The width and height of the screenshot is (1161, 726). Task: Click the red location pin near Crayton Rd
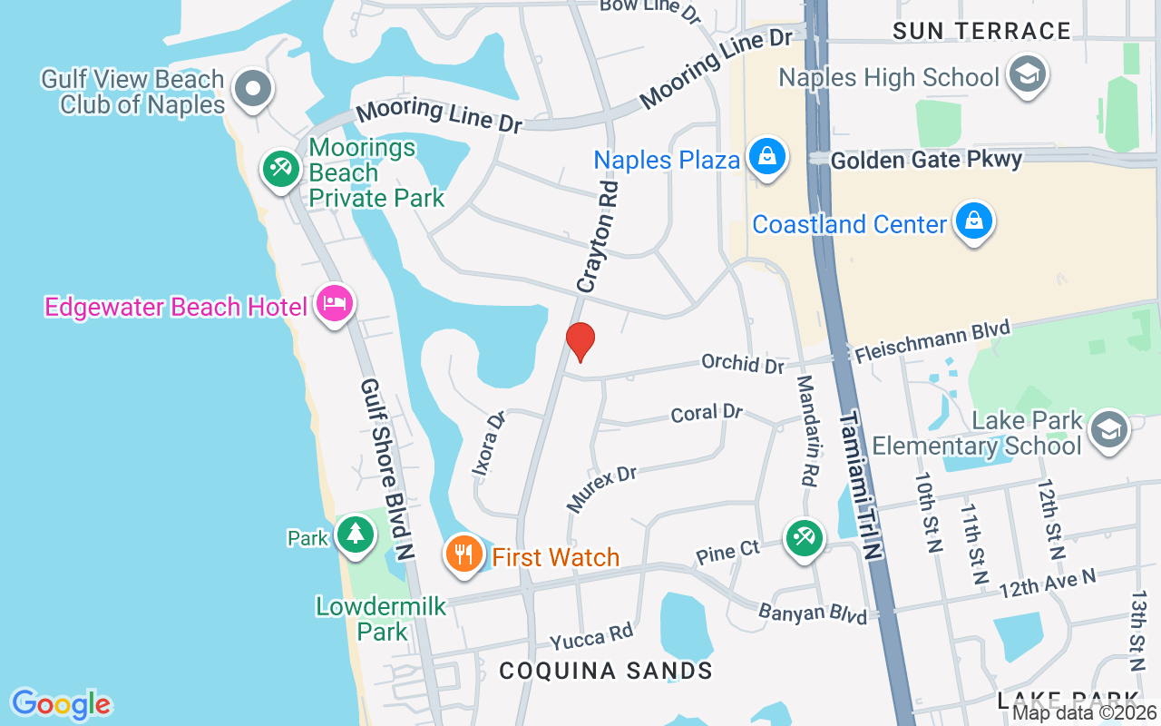580,340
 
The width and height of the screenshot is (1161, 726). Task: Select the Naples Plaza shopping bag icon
767,158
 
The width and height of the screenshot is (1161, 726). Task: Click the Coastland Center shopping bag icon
973,221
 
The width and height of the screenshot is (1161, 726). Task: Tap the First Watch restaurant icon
463,554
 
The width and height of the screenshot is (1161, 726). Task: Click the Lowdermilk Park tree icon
355,535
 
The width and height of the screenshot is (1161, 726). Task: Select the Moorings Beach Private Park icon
281,169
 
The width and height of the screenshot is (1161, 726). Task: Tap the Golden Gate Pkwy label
926,160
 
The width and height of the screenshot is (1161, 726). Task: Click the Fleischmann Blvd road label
931,341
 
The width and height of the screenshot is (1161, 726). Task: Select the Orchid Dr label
742,363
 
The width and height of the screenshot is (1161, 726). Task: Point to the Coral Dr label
707,414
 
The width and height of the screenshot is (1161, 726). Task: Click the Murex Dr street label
601,487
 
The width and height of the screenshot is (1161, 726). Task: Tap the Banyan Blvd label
813,613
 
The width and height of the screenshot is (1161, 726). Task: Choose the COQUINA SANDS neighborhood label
605,671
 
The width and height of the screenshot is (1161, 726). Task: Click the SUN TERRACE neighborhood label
981,31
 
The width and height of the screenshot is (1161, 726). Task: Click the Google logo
61,704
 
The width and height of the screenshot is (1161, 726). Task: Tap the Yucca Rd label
590,638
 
